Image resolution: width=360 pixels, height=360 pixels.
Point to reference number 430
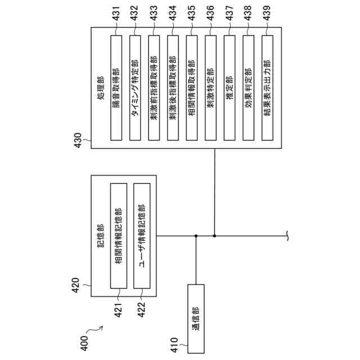point(78,139)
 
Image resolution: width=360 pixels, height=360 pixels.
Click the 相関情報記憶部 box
point(119,236)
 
